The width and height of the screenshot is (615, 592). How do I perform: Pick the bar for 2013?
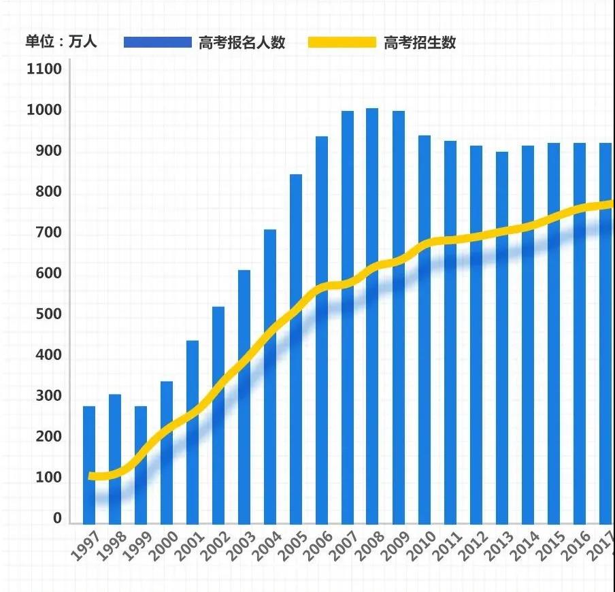[502, 337]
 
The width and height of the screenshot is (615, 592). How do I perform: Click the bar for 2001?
[193, 431]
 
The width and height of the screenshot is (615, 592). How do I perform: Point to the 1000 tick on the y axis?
[44, 111]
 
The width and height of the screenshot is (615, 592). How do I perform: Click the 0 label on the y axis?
[57, 519]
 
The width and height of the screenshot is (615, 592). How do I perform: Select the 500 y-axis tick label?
[44, 315]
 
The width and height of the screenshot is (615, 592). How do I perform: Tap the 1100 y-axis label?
[44, 69]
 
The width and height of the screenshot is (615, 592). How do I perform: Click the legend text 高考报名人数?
[242, 42]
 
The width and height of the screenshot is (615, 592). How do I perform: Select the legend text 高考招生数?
[420, 42]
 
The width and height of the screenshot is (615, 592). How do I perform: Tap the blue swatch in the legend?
[158, 42]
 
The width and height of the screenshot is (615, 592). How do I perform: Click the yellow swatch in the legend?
[342, 42]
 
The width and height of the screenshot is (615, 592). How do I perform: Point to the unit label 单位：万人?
[61, 42]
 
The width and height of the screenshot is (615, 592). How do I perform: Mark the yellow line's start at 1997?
[91, 476]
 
